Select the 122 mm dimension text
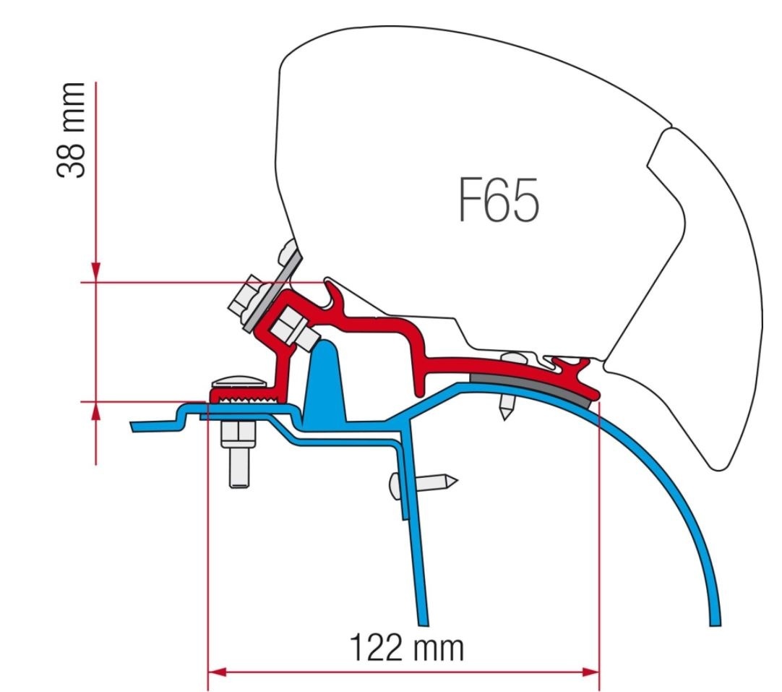click(407, 649)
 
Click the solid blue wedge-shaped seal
click(326, 383)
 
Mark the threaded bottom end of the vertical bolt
click(238, 474)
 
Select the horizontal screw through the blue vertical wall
click(422, 482)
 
